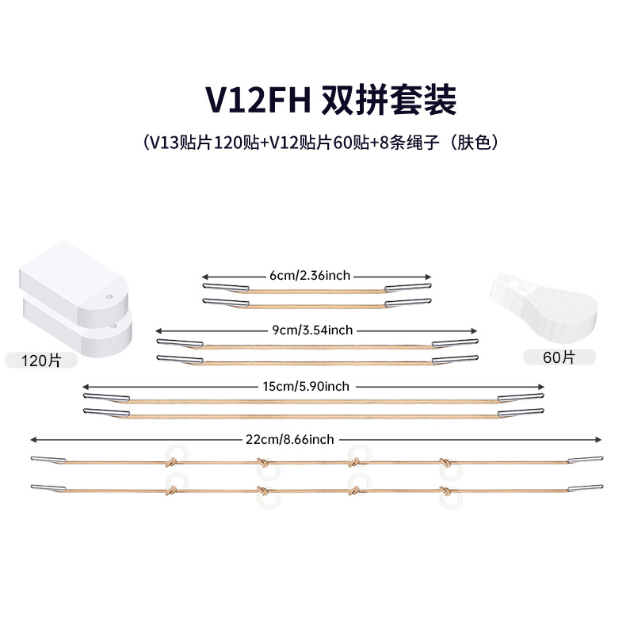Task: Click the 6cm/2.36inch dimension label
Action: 310,276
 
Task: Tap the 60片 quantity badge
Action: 560,357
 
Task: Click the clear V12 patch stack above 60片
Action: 547,300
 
